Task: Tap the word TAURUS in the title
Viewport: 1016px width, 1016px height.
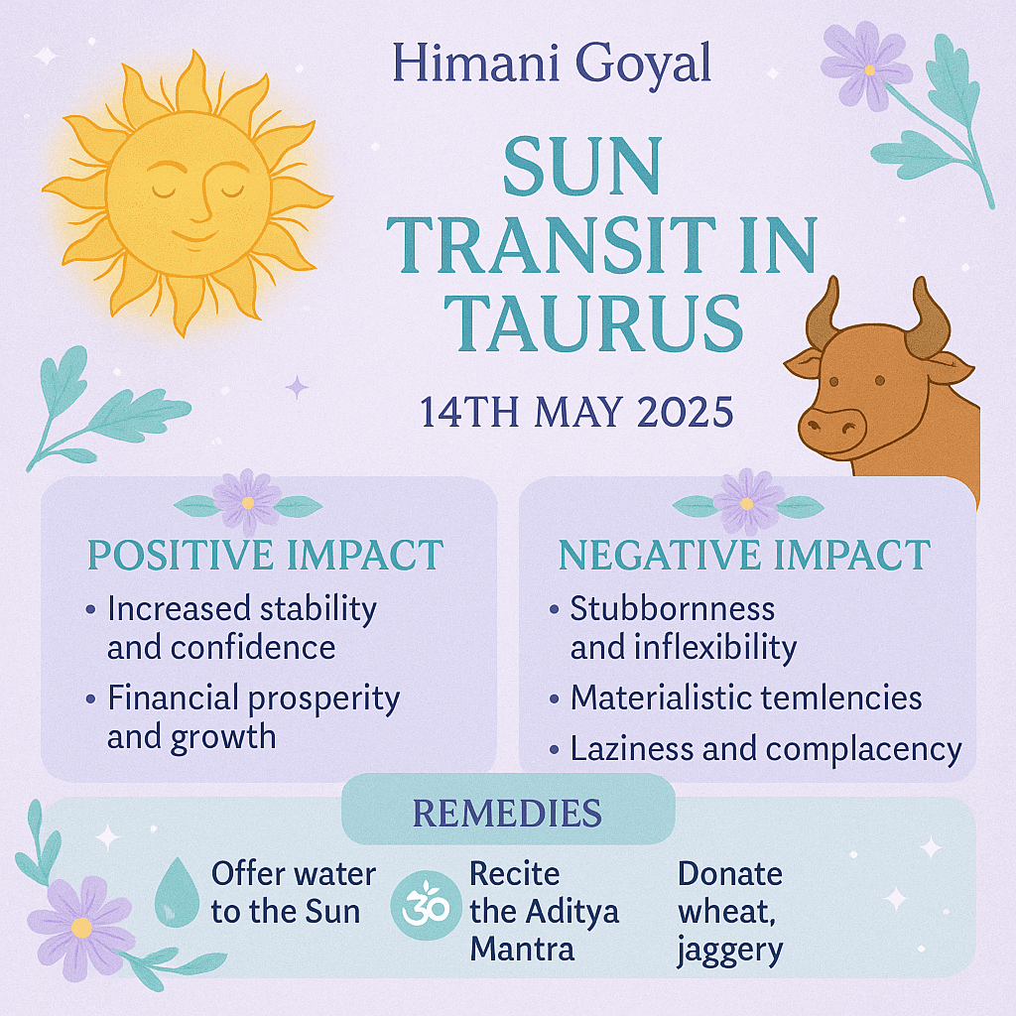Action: tap(593, 323)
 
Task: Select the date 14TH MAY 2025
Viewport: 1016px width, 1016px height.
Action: tap(576, 412)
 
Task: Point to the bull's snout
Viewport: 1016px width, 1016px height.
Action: tap(831, 429)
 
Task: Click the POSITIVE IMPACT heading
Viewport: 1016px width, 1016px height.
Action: tap(265, 555)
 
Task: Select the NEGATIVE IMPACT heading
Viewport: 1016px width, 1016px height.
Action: tap(744, 555)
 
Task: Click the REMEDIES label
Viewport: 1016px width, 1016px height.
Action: tap(507, 813)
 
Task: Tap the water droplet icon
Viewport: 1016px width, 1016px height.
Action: tap(177, 892)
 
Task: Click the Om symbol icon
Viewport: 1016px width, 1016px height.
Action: tap(425, 905)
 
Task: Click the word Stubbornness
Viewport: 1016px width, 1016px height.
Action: tap(672, 608)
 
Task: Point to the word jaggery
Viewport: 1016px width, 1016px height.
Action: tap(730, 952)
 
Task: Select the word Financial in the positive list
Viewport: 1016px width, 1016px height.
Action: tap(173, 698)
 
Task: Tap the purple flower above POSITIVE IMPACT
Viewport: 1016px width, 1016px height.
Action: tap(247, 503)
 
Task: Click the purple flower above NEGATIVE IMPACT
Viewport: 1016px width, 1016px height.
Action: tap(747, 503)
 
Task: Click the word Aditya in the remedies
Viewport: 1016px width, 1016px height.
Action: tap(571, 913)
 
